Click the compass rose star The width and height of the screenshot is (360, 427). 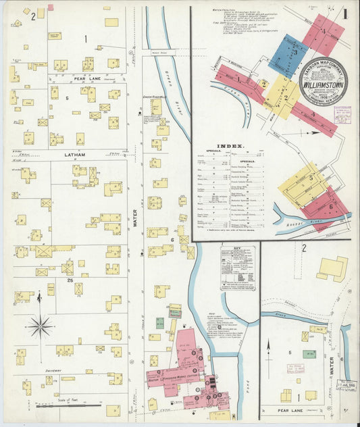click(x=40, y=326)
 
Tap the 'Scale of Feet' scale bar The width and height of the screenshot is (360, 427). click(x=65, y=407)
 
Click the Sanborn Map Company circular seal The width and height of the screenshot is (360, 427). click(x=323, y=83)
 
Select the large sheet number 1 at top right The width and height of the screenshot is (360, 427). click(x=344, y=13)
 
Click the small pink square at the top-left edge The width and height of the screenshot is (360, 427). click(x=50, y=7)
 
